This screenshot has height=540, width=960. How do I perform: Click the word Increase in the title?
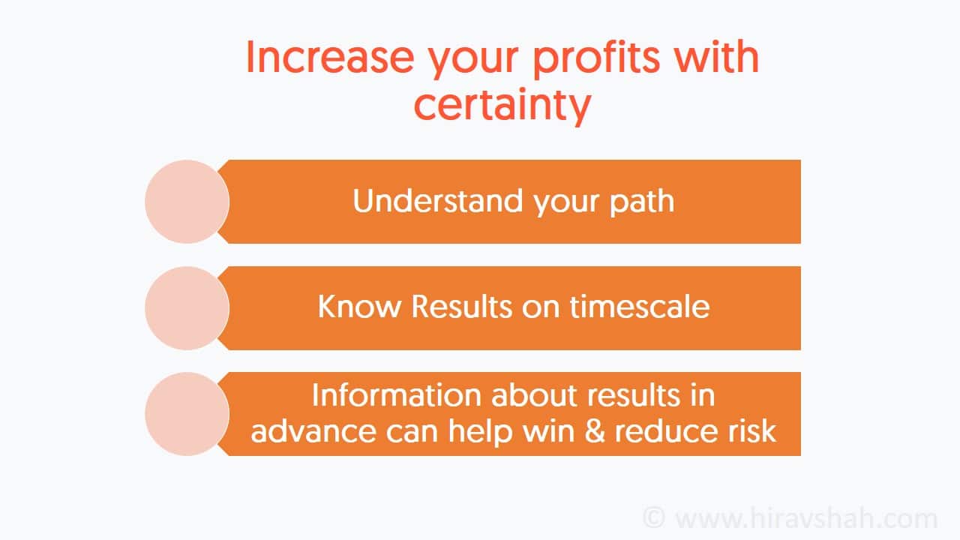pos(331,57)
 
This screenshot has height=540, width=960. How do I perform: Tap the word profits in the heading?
pos(596,60)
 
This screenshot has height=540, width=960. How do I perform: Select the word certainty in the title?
pos(502,106)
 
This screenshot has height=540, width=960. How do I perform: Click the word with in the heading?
pos(716,57)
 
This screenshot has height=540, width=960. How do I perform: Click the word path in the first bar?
pos(641,202)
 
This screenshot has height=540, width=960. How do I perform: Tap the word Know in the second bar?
pos(359,307)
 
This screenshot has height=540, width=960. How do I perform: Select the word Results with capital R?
pos(461,307)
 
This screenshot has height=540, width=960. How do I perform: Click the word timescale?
pos(640,307)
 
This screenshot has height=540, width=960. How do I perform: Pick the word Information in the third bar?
pos(397,394)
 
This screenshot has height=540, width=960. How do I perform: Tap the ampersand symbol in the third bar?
pos(595,430)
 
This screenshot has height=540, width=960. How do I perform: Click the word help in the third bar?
pos(481,432)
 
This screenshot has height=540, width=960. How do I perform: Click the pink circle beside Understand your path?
pos(187,202)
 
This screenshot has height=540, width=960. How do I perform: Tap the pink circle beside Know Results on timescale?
pos(187,308)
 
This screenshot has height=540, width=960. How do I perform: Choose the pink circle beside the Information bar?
pos(187,414)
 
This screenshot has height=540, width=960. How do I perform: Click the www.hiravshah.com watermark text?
pos(806,518)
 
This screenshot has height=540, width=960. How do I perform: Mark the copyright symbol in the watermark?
pos(654,517)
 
